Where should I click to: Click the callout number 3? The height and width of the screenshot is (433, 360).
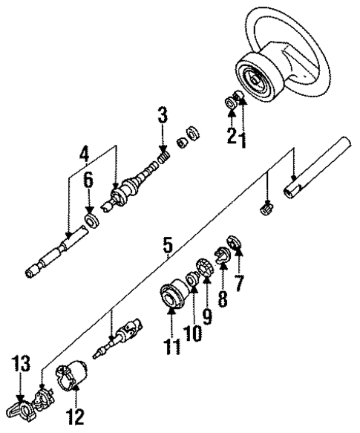[x=162, y=116]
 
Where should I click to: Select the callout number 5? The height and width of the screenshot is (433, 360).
[x=167, y=244]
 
